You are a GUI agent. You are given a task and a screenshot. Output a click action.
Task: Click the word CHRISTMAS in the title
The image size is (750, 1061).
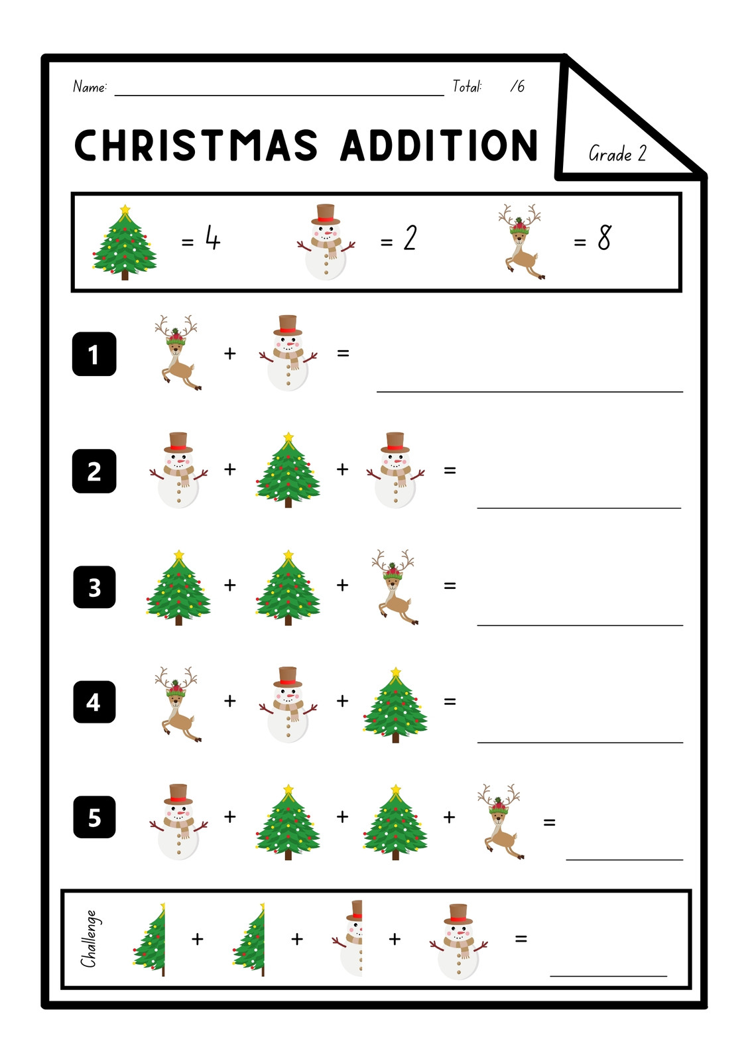pyautogui.click(x=196, y=145)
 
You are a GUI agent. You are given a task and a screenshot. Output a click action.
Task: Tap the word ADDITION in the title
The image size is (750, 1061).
pyautogui.click(x=439, y=145)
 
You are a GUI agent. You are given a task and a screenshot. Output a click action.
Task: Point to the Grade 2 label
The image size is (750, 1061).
pyautogui.click(x=617, y=153)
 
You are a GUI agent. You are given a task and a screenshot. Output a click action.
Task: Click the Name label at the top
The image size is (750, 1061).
pyautogui.click(x=90, y=87)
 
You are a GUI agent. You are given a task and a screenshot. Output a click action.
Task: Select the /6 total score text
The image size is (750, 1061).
pyautogui.click(x=517, y=86)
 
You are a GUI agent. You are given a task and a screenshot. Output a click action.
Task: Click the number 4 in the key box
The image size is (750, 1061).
pyautogui.click(x=213, y=237)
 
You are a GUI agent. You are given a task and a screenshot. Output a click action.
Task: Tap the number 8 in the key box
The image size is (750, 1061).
pyautogui.click(x=605, y=237)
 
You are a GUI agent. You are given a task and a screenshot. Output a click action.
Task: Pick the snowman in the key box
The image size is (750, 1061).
pyautogui.click(x=326, y=241)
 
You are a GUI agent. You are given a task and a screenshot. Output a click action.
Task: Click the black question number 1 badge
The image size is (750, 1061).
pyautogui.click(x=94, y=354)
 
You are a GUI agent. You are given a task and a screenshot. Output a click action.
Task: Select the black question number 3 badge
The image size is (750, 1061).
pyautogui.click(x=94, y=587)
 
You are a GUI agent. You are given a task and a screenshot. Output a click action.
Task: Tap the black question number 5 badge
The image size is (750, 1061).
pyautogui.click(x=94, y=819)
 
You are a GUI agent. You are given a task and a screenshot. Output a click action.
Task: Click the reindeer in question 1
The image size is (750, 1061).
pyautogui.click(x=176, y=352)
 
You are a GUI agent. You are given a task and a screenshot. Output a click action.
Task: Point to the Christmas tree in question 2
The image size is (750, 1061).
pyautogui.click(x=288, y=470)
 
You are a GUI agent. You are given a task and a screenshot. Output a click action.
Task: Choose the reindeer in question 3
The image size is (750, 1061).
pyautogui.click(x=393, y=588)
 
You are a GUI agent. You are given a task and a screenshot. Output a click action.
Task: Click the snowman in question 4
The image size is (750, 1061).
pyautogui.click(x=288, y=704)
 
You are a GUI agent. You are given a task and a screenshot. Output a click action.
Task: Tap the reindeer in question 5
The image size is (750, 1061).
pyautogui.click(x=500, y=822)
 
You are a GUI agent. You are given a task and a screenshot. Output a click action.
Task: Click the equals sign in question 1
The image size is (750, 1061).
pyautogui.click(x=343, y=353)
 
